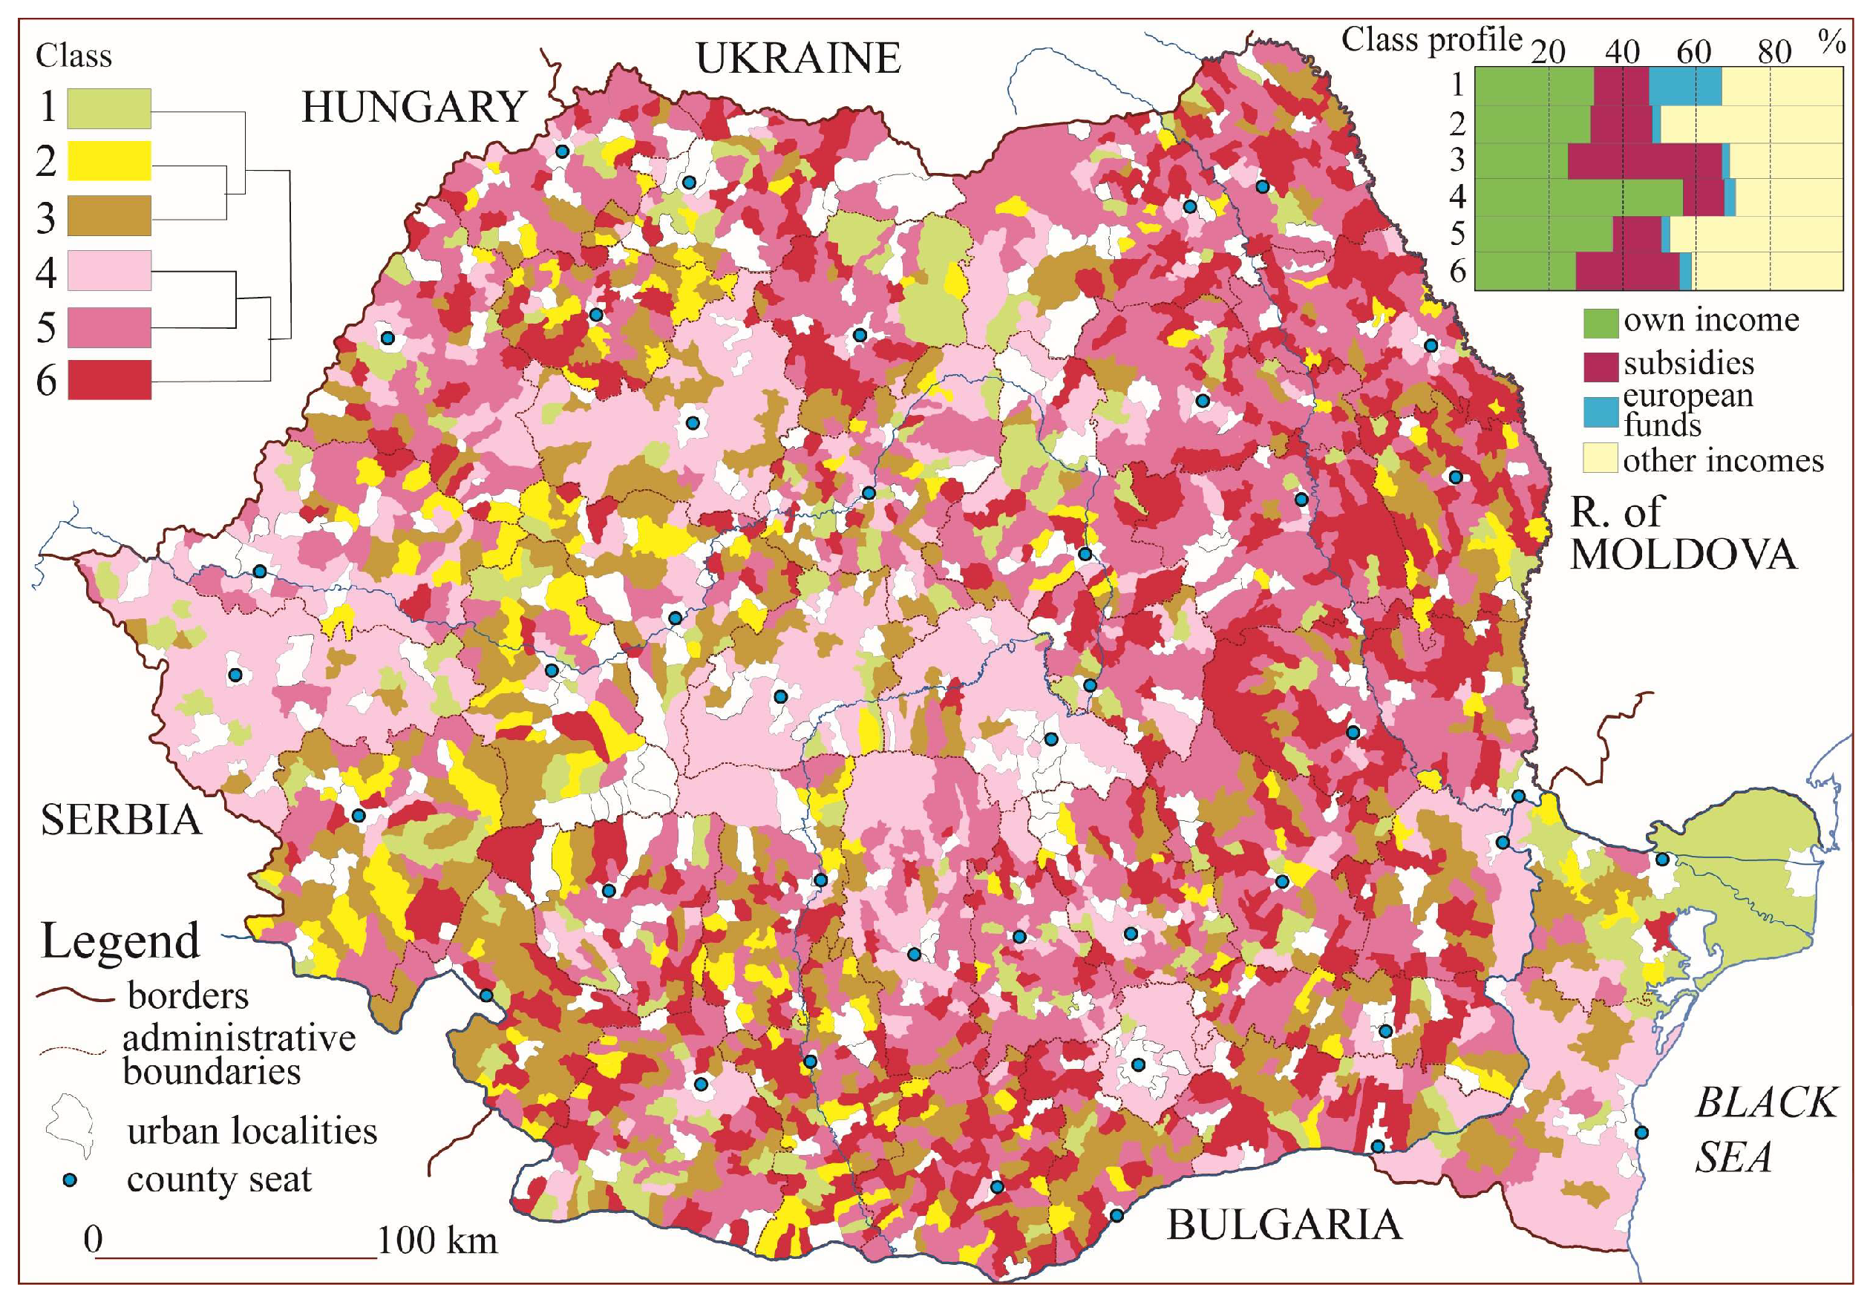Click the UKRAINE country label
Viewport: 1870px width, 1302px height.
tap(797, 59)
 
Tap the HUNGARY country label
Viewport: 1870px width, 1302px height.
tap(413, 108)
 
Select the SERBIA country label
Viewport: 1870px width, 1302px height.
tap(120, 820)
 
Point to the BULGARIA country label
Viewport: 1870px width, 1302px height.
tap(1284, 1226)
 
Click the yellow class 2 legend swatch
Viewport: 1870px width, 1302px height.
tap(108, 160)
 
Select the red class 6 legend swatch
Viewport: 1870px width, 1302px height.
tap(108, 379)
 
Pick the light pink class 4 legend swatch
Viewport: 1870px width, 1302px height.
tap(108, 270)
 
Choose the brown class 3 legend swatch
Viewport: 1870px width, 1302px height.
tap(108, 216)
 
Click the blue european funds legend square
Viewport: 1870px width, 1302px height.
tap(1600, 411)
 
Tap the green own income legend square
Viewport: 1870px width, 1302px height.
tap(1600, 322)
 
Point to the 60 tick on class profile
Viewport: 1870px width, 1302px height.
tap(1694, 52)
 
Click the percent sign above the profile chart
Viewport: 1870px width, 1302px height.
tap(1831, 42)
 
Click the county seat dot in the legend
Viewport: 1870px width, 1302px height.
tap(70, 1180)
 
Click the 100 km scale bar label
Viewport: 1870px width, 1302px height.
tap(437, 1241)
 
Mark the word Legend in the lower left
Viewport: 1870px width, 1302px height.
tap(120, 941)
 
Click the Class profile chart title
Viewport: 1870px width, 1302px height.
tap(1431, 40)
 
